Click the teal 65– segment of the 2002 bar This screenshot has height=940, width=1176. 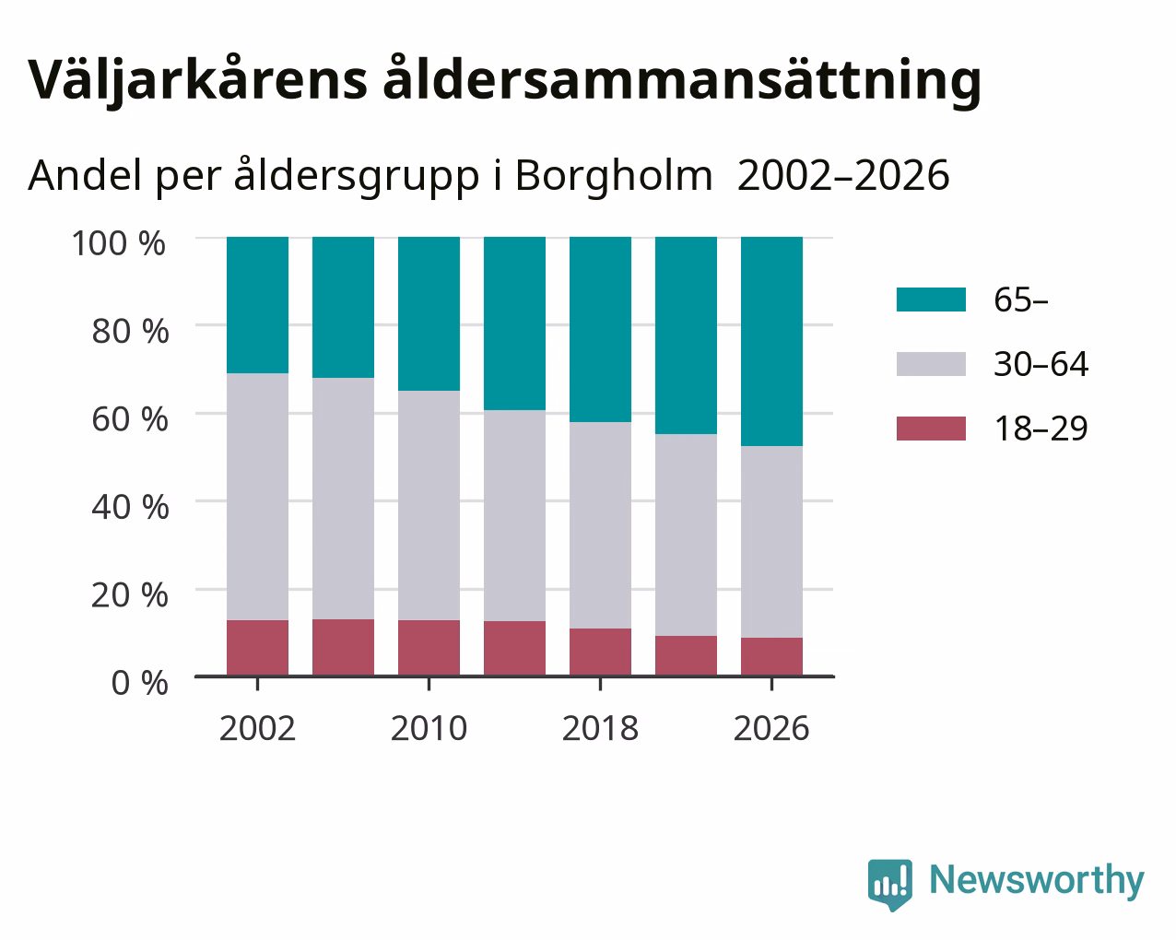click(257, 305)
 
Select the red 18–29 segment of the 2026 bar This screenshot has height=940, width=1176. click(771, 656)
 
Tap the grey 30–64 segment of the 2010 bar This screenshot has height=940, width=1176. click(429, 506)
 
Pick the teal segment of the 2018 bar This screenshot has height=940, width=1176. click(601, 330)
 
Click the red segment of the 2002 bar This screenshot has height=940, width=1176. click(257, 648)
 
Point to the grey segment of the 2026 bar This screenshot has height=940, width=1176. click(771, 542)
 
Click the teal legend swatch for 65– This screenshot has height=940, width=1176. click(931, 300)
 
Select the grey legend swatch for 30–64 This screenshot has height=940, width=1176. click(931, 364)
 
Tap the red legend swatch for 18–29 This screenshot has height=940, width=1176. click(931, 429)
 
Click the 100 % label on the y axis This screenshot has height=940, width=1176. click(118, 243)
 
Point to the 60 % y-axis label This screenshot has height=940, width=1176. click(130, 419)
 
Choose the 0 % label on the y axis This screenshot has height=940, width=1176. click(139, 683)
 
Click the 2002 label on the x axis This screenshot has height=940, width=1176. click(257, 728)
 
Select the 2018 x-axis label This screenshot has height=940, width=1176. click(600, 728)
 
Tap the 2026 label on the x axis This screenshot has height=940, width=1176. click(771, 728)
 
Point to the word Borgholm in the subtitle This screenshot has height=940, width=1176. click(614, 176)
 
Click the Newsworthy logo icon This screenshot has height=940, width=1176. click(890, 885)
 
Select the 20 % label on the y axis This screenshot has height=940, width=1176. click(130, 595)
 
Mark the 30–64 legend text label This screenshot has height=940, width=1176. click(1041, 364)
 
